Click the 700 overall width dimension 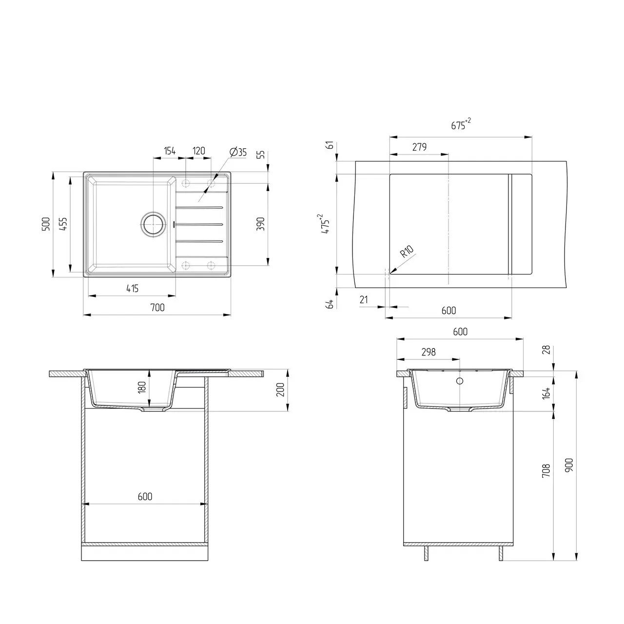click(157, 308)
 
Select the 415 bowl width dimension click(132, 289)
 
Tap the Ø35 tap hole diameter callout click(237, 152)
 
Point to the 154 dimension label click(169, 151)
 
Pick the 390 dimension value click(261, 224)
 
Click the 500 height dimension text click(46, 224)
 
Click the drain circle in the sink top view click(154, 224)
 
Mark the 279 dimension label click(419, 147)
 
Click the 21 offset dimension click(364, 300)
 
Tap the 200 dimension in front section click(280, 390)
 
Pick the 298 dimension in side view click(428, 352)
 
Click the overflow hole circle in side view click(460, 381)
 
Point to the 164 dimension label click(546, 392)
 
